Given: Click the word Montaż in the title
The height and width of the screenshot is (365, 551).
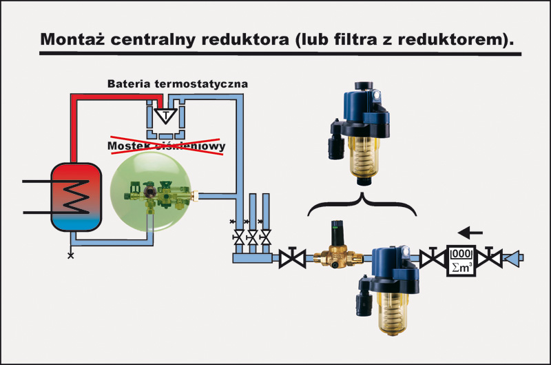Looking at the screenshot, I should point(72,39).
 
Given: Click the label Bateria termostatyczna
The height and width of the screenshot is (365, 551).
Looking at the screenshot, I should point(177,83).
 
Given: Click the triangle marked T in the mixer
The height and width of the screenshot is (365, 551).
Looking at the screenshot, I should point(165,114).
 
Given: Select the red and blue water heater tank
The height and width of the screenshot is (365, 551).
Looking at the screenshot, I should point(77,195).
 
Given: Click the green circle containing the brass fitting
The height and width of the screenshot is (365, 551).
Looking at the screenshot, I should point(152,195).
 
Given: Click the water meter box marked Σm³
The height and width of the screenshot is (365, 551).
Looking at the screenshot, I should point(463,259).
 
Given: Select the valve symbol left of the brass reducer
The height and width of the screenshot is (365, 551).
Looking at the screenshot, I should point(294,259).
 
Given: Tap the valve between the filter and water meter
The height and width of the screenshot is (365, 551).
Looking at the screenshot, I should point(430,259).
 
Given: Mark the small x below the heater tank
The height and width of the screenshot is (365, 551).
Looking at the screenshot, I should point(70,255).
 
